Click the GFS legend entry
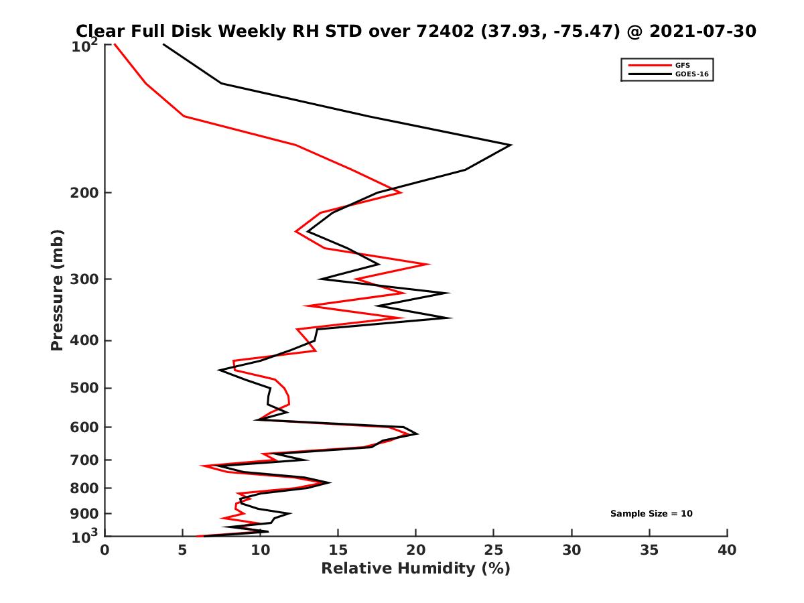pos(683,65)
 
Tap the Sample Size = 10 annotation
pos(651,514)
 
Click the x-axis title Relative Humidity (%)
pos(415,569)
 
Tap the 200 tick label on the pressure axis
pos(82,193)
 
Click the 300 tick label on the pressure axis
pos(82,279)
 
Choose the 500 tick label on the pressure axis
pos(82,388)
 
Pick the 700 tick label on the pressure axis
pos(82,460)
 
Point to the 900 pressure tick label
pos(82,514)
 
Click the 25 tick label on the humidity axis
pos(494,550)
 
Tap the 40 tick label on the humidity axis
pos(727,550)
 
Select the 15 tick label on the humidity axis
pos(338,550)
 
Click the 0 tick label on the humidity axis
pos(105,550)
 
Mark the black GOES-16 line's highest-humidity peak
pos(511,145)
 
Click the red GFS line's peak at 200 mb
pos(401,192)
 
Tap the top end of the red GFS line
pos(115,45)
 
